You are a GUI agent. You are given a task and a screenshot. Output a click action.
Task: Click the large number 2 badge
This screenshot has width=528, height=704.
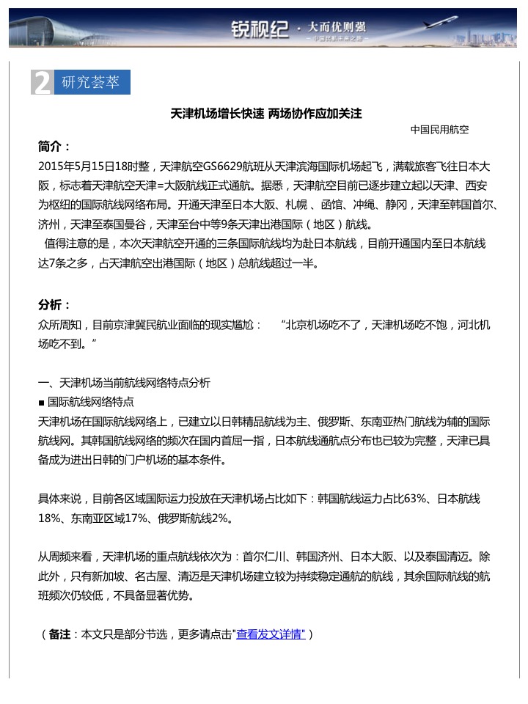point(42,83)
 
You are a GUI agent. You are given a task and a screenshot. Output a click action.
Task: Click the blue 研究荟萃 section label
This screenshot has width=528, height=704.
point(91,82)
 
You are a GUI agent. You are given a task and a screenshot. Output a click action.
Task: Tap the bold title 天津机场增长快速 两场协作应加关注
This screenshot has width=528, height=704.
point(266,114)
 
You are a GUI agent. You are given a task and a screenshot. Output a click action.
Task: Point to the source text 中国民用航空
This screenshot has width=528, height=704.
point(439,130)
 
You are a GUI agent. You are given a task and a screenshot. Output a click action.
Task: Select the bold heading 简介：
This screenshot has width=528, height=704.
point(55,146)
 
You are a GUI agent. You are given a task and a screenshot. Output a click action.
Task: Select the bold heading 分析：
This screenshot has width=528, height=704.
point(55,304)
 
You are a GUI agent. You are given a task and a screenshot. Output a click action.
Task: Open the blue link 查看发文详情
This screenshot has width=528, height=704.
point(271,634)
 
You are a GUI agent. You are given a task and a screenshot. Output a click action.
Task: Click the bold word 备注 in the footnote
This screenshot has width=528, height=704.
point(59,634)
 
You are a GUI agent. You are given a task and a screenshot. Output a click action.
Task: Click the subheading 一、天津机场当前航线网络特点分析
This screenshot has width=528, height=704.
point(124,383)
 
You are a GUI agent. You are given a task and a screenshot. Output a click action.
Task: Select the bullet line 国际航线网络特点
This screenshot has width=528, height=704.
point(90,402)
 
